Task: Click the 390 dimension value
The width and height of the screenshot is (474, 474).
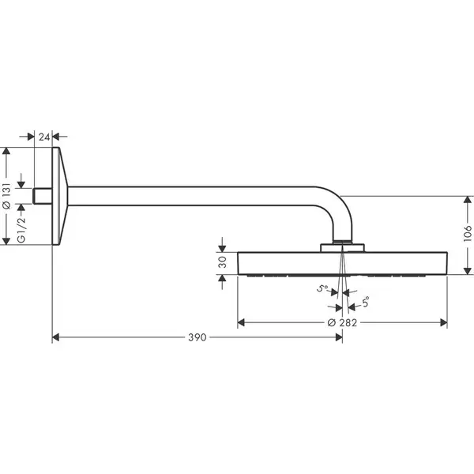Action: coord(197,337)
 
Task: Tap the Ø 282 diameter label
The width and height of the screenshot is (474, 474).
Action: coord(342,322)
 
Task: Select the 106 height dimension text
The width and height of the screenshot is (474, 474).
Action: coord(468,233)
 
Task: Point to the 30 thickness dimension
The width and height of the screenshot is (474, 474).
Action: coord(222,262)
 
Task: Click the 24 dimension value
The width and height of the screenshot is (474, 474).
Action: coord(43,137)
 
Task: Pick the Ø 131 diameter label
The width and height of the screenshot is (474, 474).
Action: coord(6,196)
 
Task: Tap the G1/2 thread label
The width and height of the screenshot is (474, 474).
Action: coord(21,230)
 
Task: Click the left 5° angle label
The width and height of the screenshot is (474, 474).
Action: coord(322,288)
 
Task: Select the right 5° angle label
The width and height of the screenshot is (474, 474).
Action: coord(366,302)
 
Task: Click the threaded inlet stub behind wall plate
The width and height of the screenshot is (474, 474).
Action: coord(43,196)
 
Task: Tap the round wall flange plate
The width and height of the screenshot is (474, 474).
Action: coord(60,196)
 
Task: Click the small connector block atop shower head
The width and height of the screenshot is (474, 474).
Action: coord(342,247)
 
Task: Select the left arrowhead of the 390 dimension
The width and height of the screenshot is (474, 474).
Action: coord(55,337)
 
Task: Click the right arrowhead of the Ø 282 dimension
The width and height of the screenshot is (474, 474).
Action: coord(444,322)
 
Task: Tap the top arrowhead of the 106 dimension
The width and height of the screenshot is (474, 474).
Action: coord(468,200)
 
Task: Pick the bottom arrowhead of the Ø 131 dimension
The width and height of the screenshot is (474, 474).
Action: coord(6,241)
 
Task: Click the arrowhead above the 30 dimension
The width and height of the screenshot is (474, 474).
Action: coord(222,249)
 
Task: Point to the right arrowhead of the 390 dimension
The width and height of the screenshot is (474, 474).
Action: coord(339,337)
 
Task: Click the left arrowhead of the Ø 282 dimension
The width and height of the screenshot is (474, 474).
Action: coord(241,322)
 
